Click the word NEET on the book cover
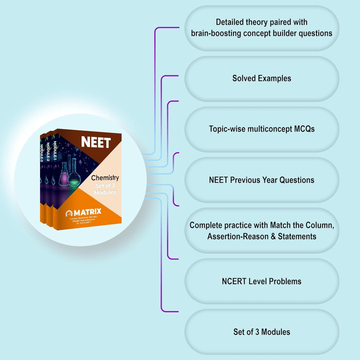click(96, 142)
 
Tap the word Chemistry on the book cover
click(105, 178)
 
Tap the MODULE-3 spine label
click(41, 153)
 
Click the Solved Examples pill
click(262, 78)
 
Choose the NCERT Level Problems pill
click(262, 281)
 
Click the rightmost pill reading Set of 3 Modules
click(262, 332)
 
